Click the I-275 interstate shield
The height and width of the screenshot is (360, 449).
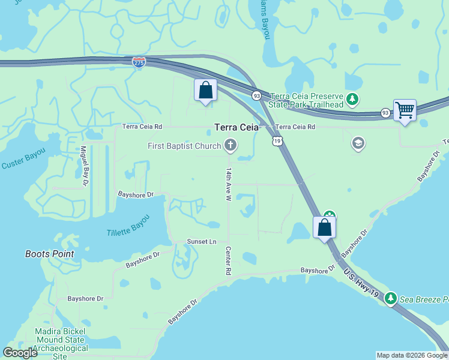coord(139,62)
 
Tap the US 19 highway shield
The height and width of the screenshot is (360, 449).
coord(276,140)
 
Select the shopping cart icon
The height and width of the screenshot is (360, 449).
coord(405,110)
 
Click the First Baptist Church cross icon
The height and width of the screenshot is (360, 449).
coord(230,145)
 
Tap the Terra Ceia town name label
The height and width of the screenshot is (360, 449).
coord(237,127)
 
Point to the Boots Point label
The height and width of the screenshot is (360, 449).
coord(50,254)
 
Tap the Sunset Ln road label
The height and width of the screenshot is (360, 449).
coord(201,241)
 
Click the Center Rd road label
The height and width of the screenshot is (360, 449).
coord(228,260)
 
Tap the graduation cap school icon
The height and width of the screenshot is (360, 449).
coord(358,143)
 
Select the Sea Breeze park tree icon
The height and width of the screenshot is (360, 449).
coord(391,298)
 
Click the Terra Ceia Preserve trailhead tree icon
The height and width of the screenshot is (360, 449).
coord(354,98)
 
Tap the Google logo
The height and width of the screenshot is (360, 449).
coord(20,353)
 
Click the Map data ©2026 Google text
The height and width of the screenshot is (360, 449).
coord(412,355)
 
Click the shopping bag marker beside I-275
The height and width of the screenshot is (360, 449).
coord(205,91)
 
